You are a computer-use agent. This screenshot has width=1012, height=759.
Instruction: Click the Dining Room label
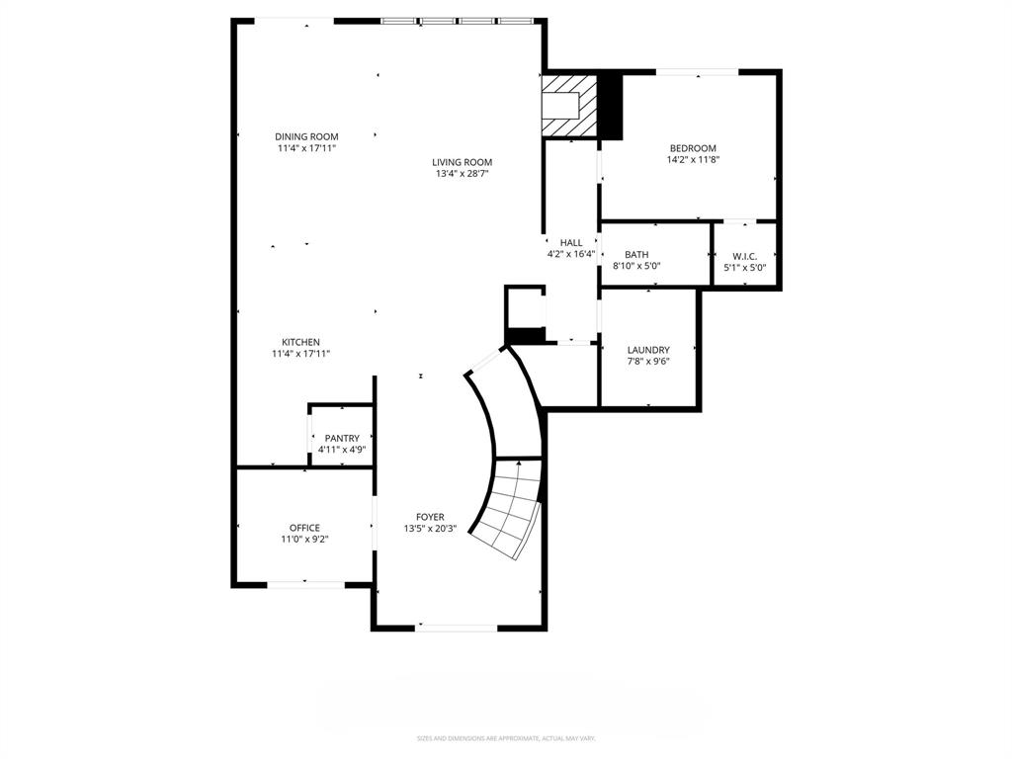(306, 136)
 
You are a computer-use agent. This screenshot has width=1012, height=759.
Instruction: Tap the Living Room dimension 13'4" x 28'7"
(462, 174)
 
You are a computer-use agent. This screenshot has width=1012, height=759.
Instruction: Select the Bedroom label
(692, 148)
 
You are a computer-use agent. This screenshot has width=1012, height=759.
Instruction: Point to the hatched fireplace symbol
(569, 106)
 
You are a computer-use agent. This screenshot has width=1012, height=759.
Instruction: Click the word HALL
(571, 242)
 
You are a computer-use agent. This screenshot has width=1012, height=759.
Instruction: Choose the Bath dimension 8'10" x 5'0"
(636, 267)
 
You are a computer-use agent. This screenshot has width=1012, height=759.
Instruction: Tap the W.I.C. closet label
(744, 256)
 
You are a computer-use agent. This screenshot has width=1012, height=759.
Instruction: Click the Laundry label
(648, 350)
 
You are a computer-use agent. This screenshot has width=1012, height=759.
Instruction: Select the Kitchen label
(300, 342)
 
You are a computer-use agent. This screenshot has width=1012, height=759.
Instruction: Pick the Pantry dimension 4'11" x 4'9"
(342, 450)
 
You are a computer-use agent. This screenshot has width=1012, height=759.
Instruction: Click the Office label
(304, 528)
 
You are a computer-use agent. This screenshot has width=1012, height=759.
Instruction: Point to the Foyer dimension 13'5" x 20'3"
(430, 529)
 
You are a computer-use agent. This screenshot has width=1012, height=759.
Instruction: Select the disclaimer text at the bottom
(505, 738)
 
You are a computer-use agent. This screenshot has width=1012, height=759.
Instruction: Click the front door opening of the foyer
(457, 627)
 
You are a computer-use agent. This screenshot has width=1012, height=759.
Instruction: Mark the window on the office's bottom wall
(304, 584)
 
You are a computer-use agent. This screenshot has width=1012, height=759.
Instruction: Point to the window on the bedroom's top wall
(698, 71)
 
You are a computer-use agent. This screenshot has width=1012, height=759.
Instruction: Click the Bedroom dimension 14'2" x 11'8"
(692, 160)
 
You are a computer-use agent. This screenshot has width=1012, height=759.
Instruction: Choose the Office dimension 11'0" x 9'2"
(304, 540)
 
